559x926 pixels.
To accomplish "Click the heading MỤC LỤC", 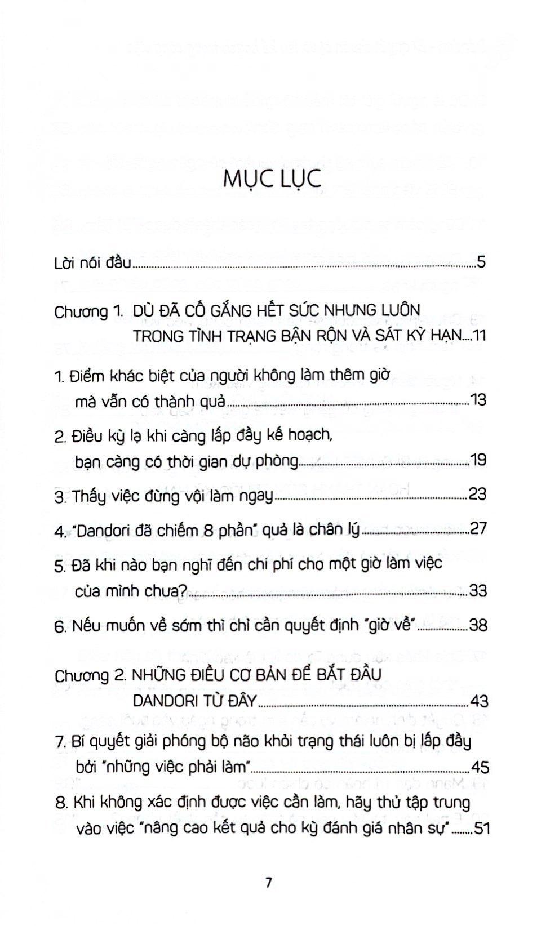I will click(x=272, y=179).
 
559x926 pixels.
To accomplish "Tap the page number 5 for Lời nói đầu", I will click(x=480, y=262).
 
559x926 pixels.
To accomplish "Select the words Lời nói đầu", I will click(x=93, y=262).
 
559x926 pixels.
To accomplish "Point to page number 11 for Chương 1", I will click(x=479, y=336).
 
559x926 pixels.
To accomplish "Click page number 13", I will click(x=478, y=400).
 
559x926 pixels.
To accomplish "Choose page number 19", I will click(x=478, y=460).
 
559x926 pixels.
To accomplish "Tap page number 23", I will click(x=477, y=495).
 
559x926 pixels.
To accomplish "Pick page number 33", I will click(x=477, y=590).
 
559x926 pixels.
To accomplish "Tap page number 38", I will click(x=477, y=625).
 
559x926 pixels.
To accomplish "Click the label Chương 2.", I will click(x=89, y=675).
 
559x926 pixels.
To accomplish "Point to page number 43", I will click(x=477, y=701).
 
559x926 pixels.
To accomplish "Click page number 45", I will click(x=478, y=767).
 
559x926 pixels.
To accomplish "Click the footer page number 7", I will click(x=268, y=883).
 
